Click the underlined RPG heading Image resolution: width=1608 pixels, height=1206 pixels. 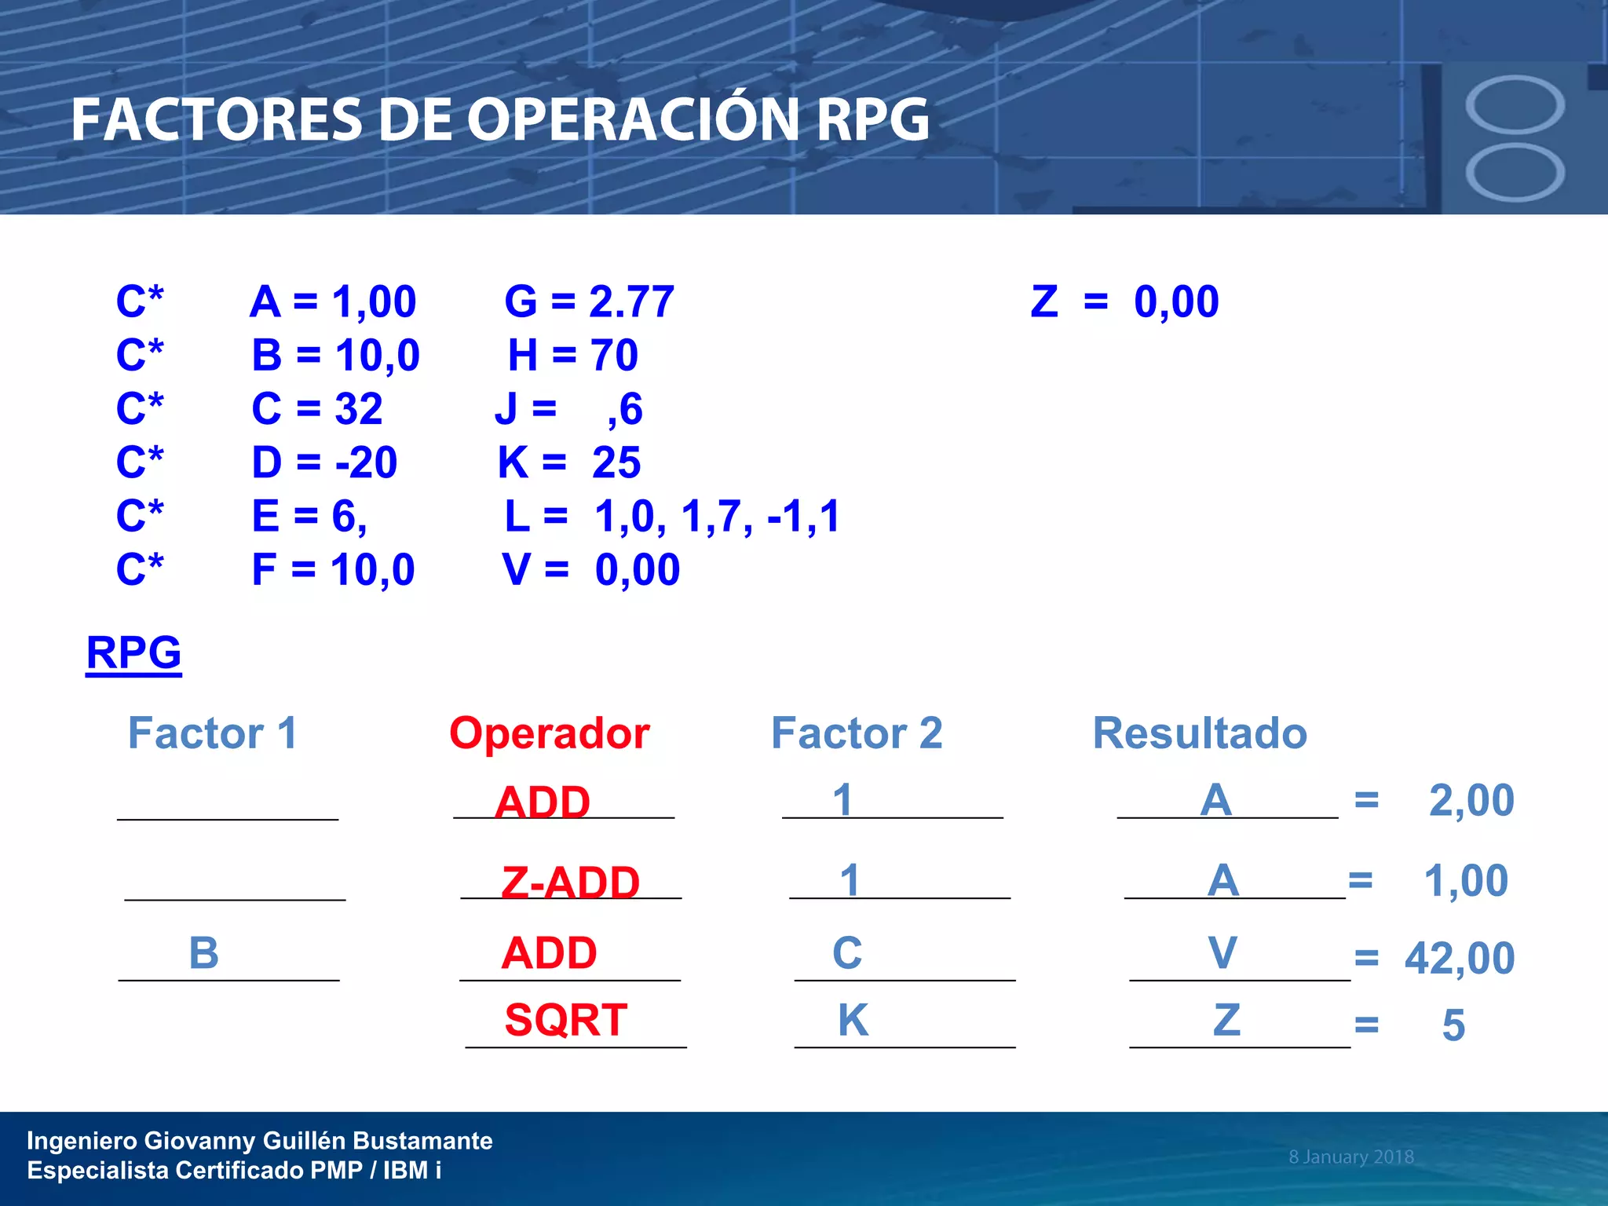pyautogui.click(x=133, y=652)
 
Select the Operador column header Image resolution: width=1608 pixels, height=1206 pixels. pyautogui.click(x=549, y=733)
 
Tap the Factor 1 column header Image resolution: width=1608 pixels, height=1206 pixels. pyautogui.click(x=212, y=733)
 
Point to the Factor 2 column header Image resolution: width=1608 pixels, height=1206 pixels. pyautogui.click(x=857, y=733)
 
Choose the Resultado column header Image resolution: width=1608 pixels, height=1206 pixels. pyautogui.click(x=1200, y=733)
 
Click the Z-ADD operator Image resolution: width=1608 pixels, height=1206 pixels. pyautogui.click(x=571, y=882)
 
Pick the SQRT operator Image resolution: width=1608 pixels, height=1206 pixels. pyautogui.click(x=566, y=1020)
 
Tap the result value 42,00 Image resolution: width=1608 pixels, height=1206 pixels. pyautogui.click(x=1460, y=959)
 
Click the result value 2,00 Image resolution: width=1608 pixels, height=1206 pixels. pyautogui.click(x=1471, y=801)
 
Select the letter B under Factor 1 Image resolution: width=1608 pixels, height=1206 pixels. pyautogui.click(x=204, y=953)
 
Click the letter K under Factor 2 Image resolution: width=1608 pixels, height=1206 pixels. pyautogui.click(x=853, y=1020)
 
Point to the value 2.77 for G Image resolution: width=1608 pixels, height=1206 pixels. pyautogui.click(x=631, y=301)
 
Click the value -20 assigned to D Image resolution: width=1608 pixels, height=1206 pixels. pyautogui.click(x=366, y=462)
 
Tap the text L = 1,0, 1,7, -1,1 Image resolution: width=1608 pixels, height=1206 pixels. pyautogui.click(x=672, y=517)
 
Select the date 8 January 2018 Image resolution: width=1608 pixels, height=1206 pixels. pyautogui.click(x=1350, y=1157)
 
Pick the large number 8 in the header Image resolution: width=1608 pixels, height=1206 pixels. pyautogui.click(x=1515, y=138)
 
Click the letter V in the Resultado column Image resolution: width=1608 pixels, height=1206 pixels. pyautogui.click(x=1222, y=953)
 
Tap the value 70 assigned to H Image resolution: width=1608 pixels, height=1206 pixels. pyautogui.click(x=615, y=355)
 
